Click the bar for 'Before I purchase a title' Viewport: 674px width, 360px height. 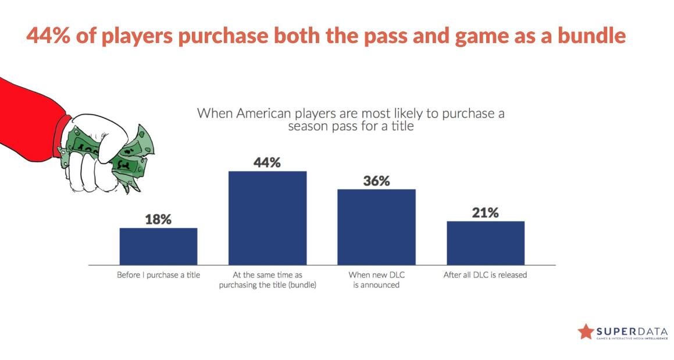pyautogui.click(x=158, y=246)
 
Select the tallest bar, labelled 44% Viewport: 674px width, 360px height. pyautogui.click(x=268, y=218)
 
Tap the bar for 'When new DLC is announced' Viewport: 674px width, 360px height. pyautogui.click(x=376, y=227)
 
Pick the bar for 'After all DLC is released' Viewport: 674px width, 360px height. pyautogui.click(x=486, y=243)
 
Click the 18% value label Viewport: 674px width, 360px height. pyautogui.click(x=158, y=219)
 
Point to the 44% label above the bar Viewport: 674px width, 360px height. pyautogui.click(x=267, y=163)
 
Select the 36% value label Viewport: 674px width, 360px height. pyautogui.click(x=376, y=181)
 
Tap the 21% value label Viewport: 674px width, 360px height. pyautogui.click(x=485, y=213)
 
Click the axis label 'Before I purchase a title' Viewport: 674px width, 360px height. pyautogui.click(x=158, y=275)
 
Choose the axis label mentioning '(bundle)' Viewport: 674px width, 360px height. pyautogui.click(x=268, y=280)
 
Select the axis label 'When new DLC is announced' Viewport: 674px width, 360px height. pyautogui.click(x=376, y=280)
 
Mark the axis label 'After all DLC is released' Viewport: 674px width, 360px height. pyautogui.click(x=485, y=275)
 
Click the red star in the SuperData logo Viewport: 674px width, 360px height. pyautogui.click(x=586, y=331)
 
